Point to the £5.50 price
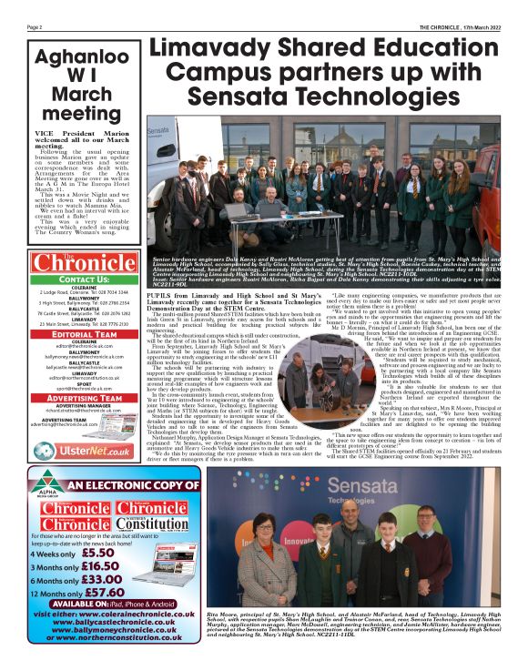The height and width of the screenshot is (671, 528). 97,552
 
